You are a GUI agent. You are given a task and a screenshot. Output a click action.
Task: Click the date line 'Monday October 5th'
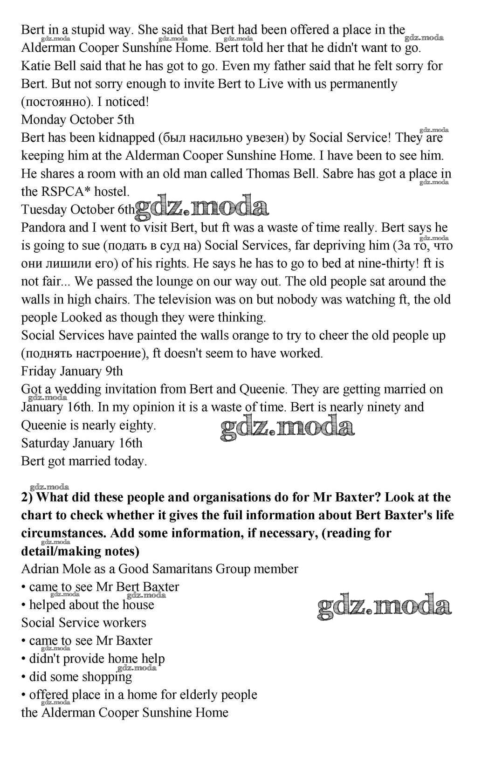[77, 120]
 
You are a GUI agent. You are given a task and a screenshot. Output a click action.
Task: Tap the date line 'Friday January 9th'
[72, 371]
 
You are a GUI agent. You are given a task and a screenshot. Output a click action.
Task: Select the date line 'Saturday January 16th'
[82, 443]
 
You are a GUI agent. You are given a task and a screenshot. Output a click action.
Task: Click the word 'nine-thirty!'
[388, 263]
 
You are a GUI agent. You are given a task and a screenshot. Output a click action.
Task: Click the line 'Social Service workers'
[83, 623]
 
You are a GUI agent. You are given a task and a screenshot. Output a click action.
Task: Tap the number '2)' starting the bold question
[27, 497]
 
